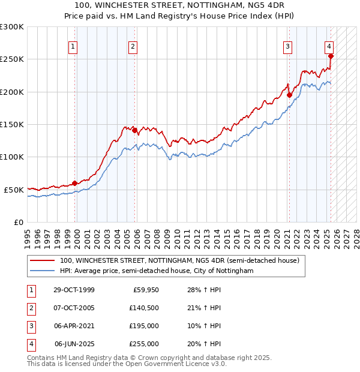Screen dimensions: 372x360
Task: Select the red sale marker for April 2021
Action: click(289, 95)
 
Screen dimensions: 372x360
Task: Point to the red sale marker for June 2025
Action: click(331, 56)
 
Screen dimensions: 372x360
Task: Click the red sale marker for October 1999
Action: click(75, 183)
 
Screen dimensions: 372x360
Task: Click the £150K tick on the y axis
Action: click(12, 124)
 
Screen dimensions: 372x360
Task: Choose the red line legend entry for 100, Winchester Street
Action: click(175, 261)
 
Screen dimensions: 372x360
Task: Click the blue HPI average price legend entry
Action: click(156, 271)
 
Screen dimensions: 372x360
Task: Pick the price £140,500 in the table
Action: click(145, 308)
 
